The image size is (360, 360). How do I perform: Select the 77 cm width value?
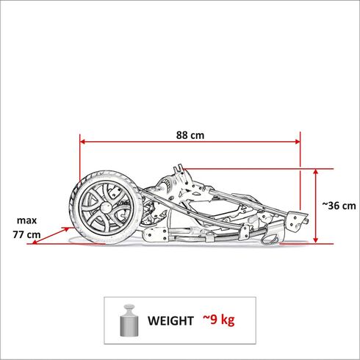(x=26, y=234)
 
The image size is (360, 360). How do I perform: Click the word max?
(x=26, y=220)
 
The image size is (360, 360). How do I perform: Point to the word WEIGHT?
(x=171, y=320)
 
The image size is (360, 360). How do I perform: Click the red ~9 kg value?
(x=219, y=320)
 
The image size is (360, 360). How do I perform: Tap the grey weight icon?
(x=129, y=320)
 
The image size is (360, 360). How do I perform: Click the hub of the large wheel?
(x=104, y=206)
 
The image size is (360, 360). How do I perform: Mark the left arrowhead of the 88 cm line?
(x=83, y=143)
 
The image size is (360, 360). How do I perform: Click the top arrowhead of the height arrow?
(x=317, y=171)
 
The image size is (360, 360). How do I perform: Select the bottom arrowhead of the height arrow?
(x=317, y=240)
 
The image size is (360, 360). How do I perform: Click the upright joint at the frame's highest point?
(x=176, y=176)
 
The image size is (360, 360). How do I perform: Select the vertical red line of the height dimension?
(x=317, y=206)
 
